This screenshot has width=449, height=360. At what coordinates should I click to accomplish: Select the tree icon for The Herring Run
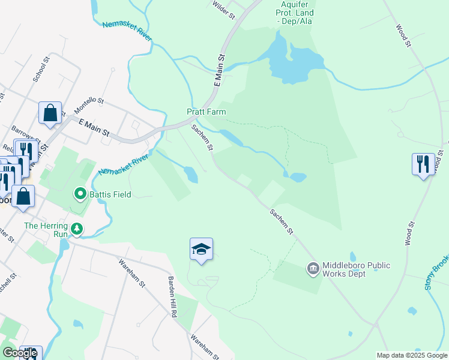[x=77, y=229]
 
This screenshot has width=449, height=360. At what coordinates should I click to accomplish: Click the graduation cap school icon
[x=202, y=249]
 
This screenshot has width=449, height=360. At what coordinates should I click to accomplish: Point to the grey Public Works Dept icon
[x=313, y=268]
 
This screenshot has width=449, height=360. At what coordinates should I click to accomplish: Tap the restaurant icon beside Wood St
[x=423, y=163]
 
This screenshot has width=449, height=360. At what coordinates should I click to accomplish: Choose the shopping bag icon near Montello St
[x=50, y=112]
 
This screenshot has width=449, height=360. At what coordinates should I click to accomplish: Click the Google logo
[x=20, y=353]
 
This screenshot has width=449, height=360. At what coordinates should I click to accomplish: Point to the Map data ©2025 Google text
[x=411, y=355]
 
